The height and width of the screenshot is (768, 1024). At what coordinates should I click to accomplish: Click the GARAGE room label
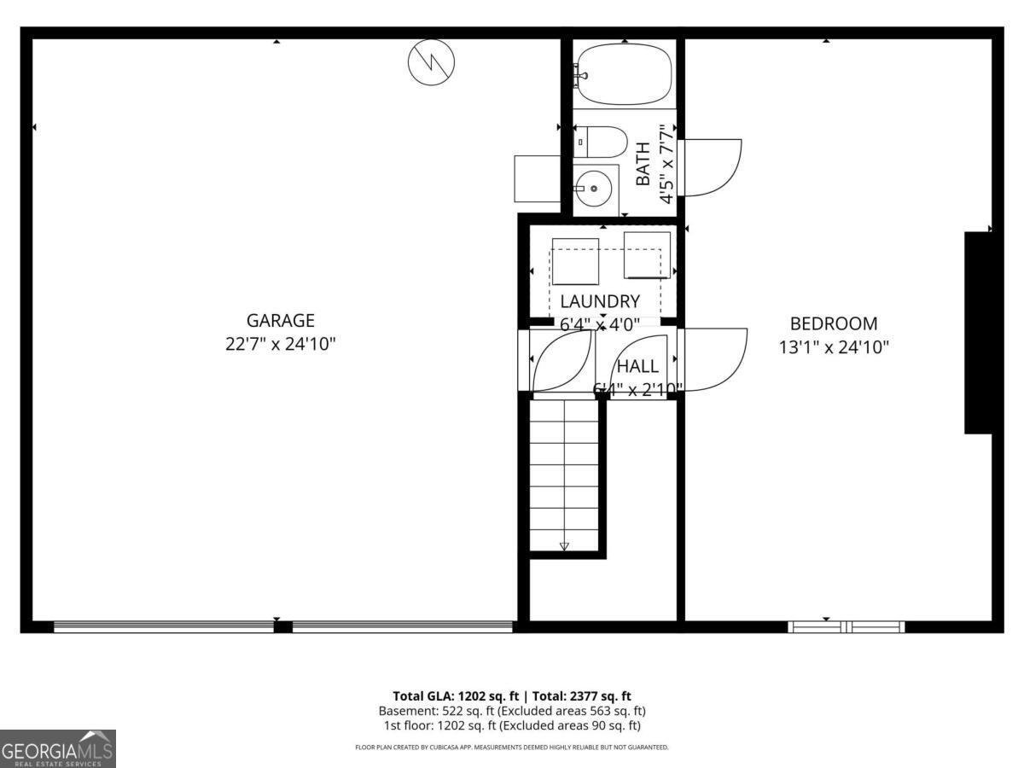pos(280,321)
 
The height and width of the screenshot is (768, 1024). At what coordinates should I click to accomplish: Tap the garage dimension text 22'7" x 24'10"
pos(280,345)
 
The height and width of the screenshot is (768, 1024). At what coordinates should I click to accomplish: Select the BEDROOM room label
pos(833,323)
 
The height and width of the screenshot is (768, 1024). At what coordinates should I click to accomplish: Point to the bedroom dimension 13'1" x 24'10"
pos(833,347)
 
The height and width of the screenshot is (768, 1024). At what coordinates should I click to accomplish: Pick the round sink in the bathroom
pos(592,187)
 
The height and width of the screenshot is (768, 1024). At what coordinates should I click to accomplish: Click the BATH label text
pos(643,164)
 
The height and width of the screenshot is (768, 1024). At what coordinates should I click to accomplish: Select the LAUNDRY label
pos(600,301)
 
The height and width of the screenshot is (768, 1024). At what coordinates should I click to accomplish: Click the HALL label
pos(637,366)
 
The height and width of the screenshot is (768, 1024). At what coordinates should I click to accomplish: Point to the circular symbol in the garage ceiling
pos(432,61)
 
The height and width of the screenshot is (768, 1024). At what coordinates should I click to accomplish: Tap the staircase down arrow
pos(564,546)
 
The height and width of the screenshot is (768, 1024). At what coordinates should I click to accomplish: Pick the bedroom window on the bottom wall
pos(847,627)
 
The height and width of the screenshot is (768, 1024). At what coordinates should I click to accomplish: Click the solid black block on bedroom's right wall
pos(978,333)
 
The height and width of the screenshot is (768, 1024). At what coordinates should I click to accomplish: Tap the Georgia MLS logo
pos(57,748)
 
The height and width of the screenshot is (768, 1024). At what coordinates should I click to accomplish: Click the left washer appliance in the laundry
pos(576,261)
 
